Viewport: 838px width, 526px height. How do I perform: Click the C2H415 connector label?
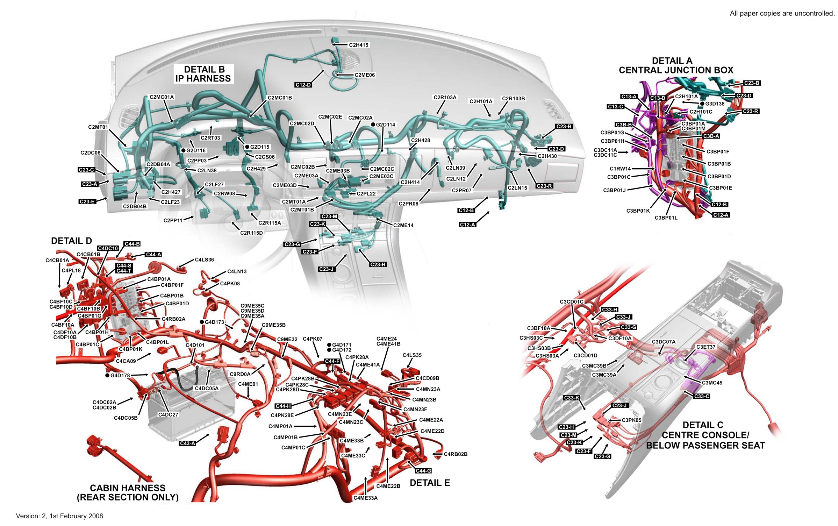[358, 45]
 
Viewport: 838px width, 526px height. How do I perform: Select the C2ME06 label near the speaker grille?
[364, 75]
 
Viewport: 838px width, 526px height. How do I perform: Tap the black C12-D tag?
[303, 85]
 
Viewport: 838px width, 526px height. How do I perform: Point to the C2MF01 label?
[98, 127]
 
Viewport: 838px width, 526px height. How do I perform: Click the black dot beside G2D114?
[373, 125]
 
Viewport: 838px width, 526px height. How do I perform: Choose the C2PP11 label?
[173, 221]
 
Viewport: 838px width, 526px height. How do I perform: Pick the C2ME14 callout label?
[403, 226]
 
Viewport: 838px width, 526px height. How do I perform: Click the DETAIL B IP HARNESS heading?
[203, 74]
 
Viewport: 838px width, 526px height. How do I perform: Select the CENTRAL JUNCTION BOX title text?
[676, 70]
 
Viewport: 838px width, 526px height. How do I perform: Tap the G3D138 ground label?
[715, 104]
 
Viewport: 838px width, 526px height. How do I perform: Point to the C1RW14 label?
[620, 169]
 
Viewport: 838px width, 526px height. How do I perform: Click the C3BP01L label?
[666, 218]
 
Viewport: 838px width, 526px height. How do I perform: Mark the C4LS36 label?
[204, 260]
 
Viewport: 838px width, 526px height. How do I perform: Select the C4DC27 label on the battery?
[168, 415]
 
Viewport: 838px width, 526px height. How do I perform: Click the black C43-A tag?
[187, 443]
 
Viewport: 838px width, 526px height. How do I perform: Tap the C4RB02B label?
[455, 454]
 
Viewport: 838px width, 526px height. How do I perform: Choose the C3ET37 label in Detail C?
[706, 347]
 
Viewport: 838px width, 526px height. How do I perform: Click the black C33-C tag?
[702, 396]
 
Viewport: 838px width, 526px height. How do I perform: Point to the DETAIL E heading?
[430, 483]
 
